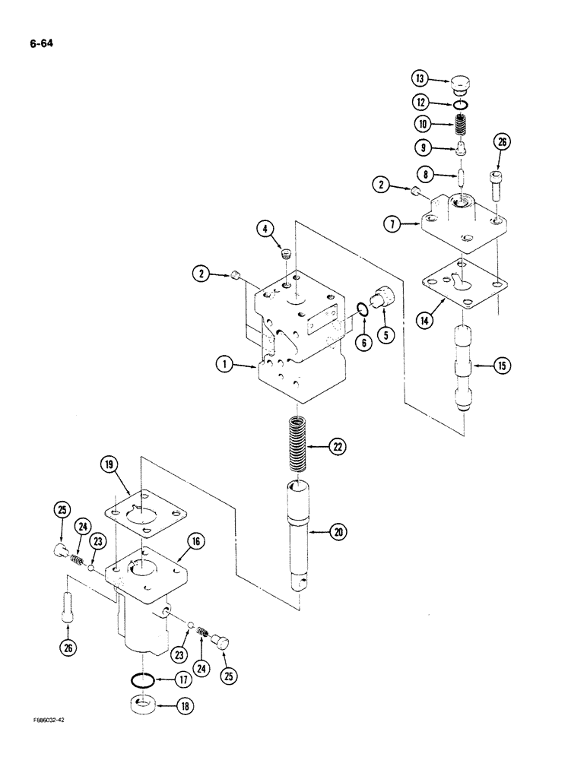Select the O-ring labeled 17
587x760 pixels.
tap(145, 680)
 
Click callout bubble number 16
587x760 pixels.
tap(196, 541)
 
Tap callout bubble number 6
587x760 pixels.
tap(364, 342)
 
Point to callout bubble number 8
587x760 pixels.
tap(427, 174)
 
